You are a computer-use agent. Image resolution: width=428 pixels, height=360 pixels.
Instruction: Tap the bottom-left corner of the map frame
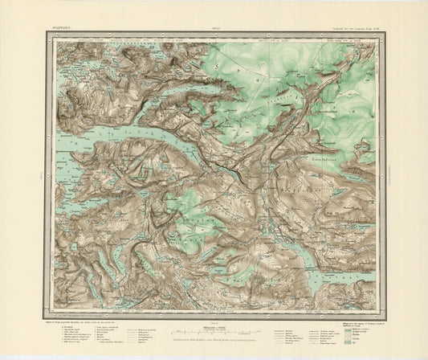pos(54,314)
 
